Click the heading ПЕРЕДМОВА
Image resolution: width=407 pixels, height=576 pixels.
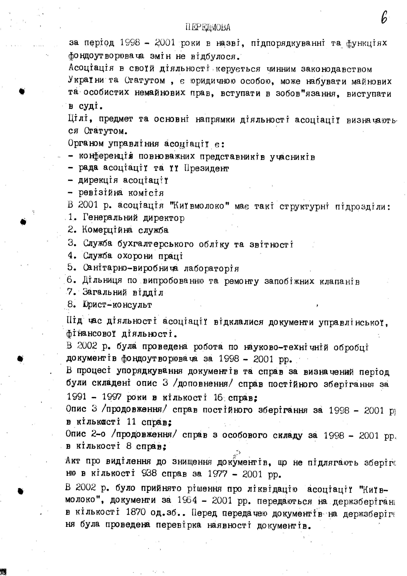[x=208, y=27]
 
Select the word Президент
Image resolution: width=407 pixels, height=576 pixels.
[x=206, y=168]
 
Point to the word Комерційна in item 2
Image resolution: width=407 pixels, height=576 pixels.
[x=107, y=230]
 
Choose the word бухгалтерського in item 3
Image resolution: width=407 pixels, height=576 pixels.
[x=156, y=244]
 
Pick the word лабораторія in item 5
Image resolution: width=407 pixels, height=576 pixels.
[x=211, y=268]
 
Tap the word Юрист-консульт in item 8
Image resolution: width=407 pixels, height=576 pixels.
[x=117, y=305]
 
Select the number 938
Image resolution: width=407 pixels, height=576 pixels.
[x=149, y=473]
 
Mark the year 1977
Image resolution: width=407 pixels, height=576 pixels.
[x=218, y=473]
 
